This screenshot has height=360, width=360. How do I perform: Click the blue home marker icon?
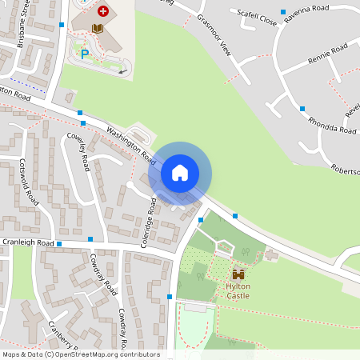pos(180,173)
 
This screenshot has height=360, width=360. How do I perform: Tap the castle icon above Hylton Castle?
pos(238,274)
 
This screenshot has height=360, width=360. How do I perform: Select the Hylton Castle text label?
pos(238,290)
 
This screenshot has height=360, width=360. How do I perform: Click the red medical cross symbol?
pos(102,11)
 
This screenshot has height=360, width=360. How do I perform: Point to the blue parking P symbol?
pos(84,54)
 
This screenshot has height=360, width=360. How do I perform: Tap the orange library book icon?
pos(98,29)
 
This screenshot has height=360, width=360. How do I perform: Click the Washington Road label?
pos(129,142)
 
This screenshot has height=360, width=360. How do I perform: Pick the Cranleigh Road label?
pos(27,242)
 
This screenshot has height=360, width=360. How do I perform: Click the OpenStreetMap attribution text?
pos(80,354)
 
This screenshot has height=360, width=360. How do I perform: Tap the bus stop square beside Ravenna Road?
pos(283,12)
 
